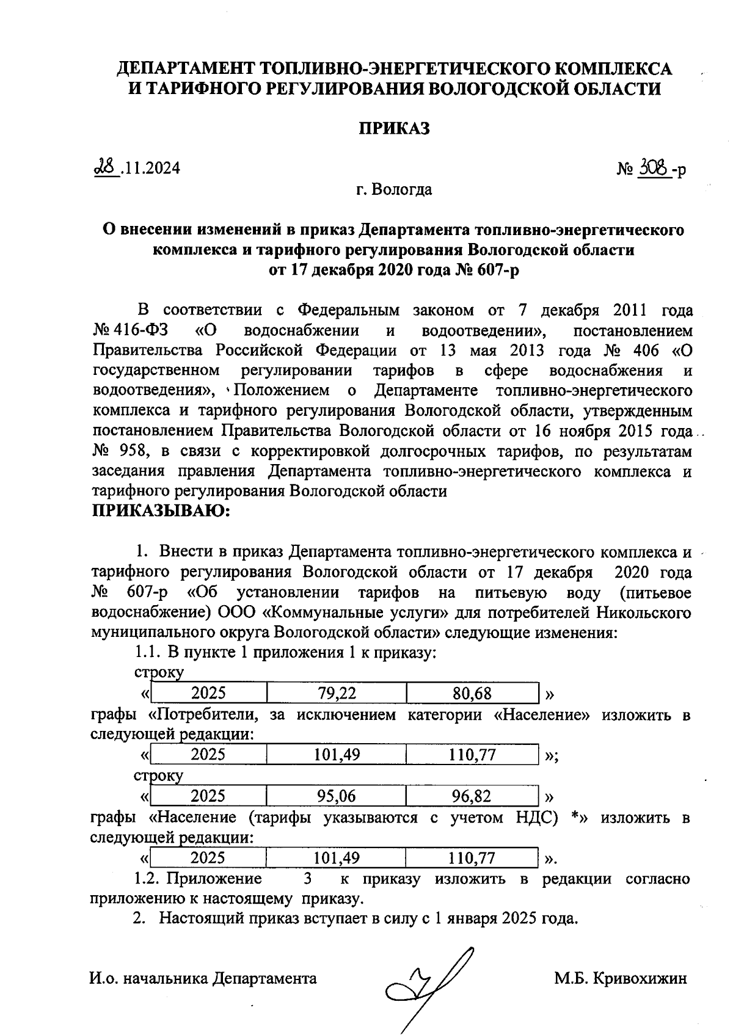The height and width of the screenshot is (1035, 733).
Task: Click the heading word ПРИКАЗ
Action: pos(393,129)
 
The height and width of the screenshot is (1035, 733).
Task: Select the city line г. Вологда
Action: pos(395,190)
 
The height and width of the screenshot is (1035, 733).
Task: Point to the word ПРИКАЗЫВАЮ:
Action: pos(160,510)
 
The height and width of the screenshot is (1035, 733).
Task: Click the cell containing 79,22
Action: pos(337,693)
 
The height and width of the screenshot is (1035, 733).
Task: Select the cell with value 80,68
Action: pos(472,693)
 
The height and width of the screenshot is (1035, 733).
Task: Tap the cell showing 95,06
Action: pos(336,796)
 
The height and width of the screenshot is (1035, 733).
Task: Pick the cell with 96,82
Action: pos(472,796)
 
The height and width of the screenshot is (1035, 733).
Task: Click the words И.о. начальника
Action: pos(149,979)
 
